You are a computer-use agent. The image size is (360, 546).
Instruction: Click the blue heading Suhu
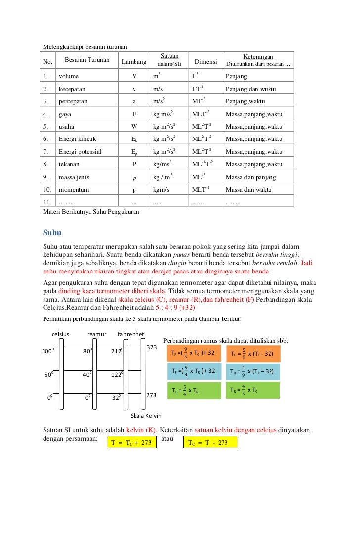(52, 232)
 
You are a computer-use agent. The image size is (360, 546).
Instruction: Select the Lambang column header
(134, 62)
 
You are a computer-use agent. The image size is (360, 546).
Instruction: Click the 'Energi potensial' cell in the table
(80, 152)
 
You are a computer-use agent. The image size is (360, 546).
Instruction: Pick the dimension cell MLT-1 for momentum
(201, 189)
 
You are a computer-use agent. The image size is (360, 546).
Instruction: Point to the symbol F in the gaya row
(134, 114)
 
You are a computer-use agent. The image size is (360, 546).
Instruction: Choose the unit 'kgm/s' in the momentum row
(161, 189)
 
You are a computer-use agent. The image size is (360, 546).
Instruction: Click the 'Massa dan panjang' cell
(251, 177)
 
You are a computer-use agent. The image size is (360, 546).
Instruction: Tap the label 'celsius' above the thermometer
(61, 334)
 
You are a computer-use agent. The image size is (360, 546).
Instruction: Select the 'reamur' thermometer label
(97, 334)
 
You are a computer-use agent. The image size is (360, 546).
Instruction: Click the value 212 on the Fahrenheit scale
(117, 352)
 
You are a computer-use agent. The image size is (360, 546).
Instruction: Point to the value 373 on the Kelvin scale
(152, 347)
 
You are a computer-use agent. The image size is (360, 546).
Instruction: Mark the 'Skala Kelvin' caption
(146, 416)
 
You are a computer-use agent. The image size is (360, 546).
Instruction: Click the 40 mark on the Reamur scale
(88, 375)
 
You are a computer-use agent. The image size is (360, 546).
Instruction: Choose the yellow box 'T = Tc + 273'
(131, 443)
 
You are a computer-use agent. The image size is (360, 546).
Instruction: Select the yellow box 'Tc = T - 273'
(210, 443)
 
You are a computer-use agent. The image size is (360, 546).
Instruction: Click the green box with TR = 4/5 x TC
(253, 390)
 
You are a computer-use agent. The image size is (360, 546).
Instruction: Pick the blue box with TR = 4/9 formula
(253, 371)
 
